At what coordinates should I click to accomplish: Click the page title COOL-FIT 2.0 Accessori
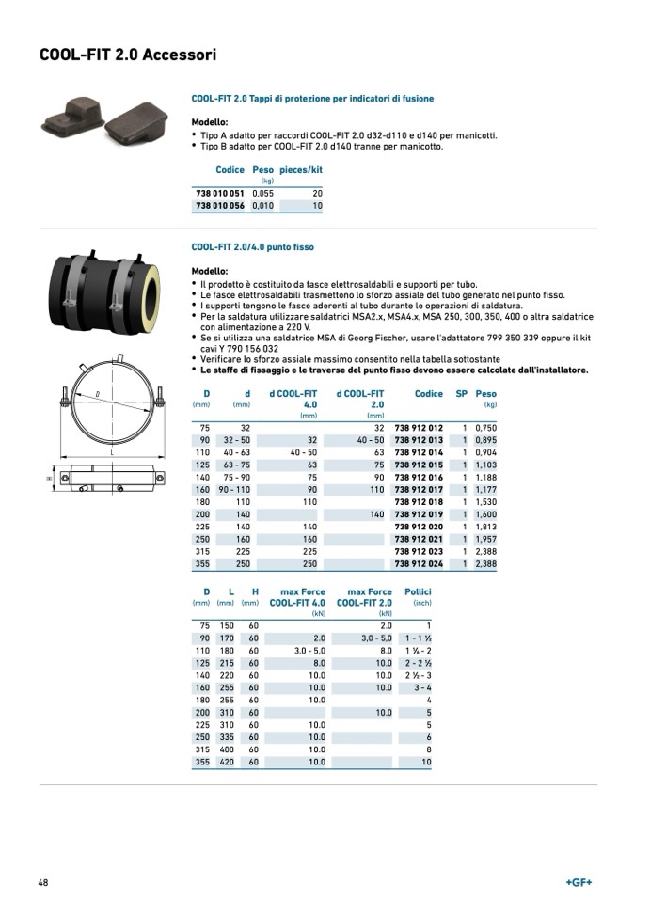click(128, 55)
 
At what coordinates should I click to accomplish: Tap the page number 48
click(43, 882)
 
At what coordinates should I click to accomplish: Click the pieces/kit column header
click(301, 170)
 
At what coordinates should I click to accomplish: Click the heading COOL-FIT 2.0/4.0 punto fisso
click(252, 247)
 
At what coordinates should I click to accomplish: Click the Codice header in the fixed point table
click(429, 394)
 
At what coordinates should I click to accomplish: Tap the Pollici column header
click(418, 591)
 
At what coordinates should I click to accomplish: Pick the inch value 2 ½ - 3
click(418, 675)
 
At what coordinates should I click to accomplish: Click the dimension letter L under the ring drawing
click(112, 453)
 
